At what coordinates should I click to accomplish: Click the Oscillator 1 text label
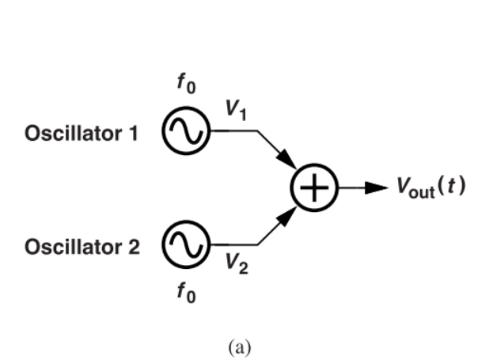point(82,134)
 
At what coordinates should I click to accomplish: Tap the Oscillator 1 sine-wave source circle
point(186,131)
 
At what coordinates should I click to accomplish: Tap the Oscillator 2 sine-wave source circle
point(186,244)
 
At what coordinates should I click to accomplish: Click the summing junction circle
point(315,188)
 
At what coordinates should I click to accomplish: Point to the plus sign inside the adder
point(315,188)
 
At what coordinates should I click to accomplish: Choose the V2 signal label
point(237,263)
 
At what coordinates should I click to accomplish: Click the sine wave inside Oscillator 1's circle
point(186,131)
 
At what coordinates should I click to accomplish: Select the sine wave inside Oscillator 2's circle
point(186,244)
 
